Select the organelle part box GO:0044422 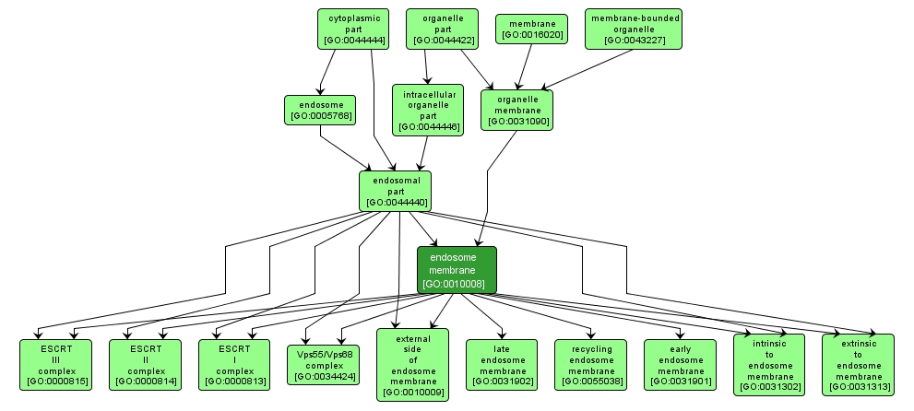pyautogui.click(x=443, y=29)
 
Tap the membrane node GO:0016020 pyautogui.click(x=530, y=29)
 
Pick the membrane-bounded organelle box pyautogui.click(x=635, y=29)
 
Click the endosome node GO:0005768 pyautogui.click(x=320, y=109)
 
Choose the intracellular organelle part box pyautogui.click(x=428, y=109)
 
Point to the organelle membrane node pyautogui.click(x=517, y=109)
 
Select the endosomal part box pyautogui.click(x=396, y=191)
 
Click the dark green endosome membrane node pyautogui.click(x=457, y=270)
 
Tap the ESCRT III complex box pyautogui.click(x=57, y=364)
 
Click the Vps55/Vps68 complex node pyautogui.click(x=324, y=364)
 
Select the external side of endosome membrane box pyautogui.click(x=412, y=364)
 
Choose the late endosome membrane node pyautogui.click(x=501, y=364)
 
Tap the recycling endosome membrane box pyautogui.click(x=590, y=364)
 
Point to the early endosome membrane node pyautogui.click(x=679, y=364)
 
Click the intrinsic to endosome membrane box pyautogui.click(x=768, y=364)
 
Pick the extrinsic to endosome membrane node pyautogui.click(x=858, y=364)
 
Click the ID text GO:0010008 pyautogui.click(x=457, y=284)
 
